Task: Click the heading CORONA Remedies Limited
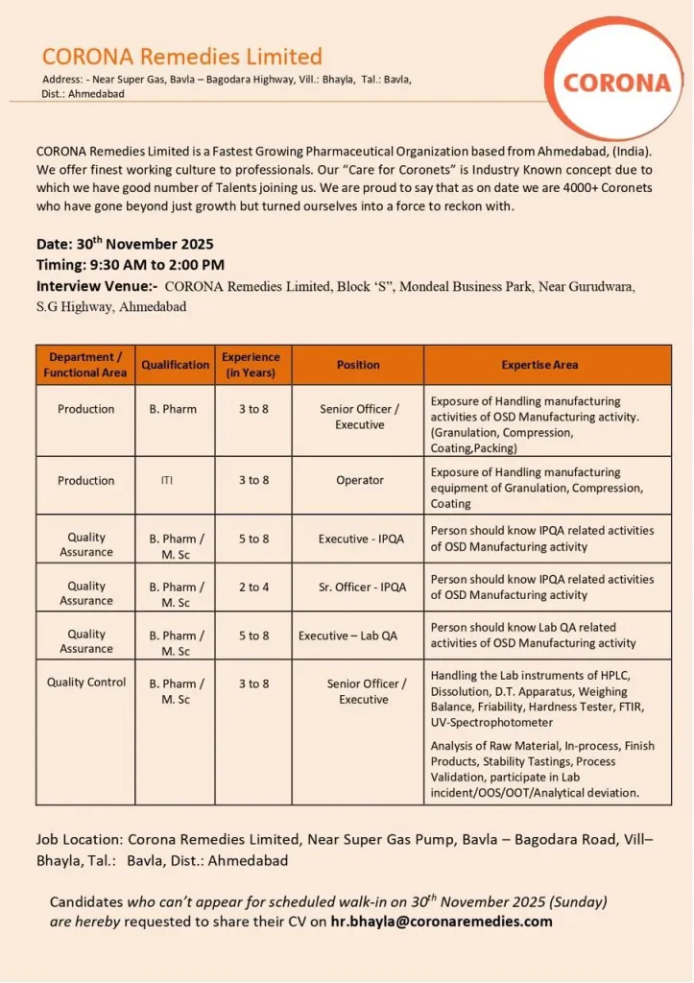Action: coord(181,57)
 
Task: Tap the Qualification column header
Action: coord(175,365)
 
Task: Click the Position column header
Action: coord(358,365)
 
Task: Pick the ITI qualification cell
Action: coord(168,481)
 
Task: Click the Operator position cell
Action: coord(360,481)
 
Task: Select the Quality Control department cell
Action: coord(86,683)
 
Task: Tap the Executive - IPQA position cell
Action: coord(361,539)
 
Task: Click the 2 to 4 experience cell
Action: coord(253,587)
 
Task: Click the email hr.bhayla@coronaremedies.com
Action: coord(442,922)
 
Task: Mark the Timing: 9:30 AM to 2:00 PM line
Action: coord(131,265)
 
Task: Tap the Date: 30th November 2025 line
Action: coord(125,244)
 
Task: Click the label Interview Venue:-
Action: coord(98,286)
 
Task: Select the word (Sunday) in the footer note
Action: coord(578,902)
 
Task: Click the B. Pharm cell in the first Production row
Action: coord(173,409)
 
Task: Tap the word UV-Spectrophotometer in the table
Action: coord(492,722)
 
